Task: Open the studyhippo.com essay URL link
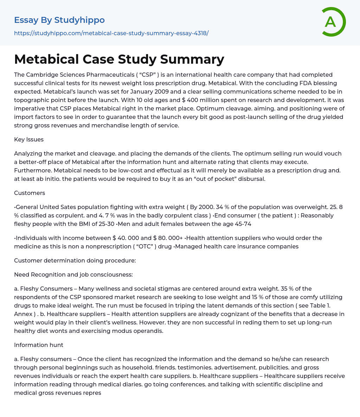tap(111, 33)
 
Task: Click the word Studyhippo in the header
tap(79, 20)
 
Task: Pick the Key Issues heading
tap(29, 139)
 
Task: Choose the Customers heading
tap(30, 193)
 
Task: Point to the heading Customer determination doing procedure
tap(75, 260)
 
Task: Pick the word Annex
tap(23, 314)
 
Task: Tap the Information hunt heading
tap(39, 345)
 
